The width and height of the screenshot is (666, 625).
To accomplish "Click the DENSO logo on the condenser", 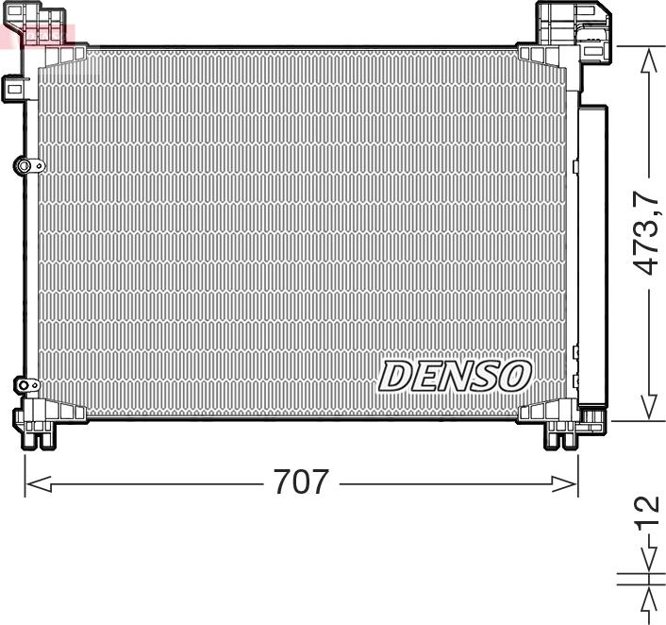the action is point(455,377).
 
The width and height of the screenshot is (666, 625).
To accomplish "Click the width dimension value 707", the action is point(301,481).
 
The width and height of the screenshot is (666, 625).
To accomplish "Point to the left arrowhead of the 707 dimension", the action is point(39,483).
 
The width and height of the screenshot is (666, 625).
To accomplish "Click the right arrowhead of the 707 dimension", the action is point(564,483).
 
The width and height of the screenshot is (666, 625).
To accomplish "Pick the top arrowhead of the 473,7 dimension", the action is point(649,60).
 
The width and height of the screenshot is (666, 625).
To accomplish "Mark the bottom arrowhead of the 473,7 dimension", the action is point(649,407).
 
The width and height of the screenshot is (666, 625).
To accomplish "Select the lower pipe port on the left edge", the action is point(26,385).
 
